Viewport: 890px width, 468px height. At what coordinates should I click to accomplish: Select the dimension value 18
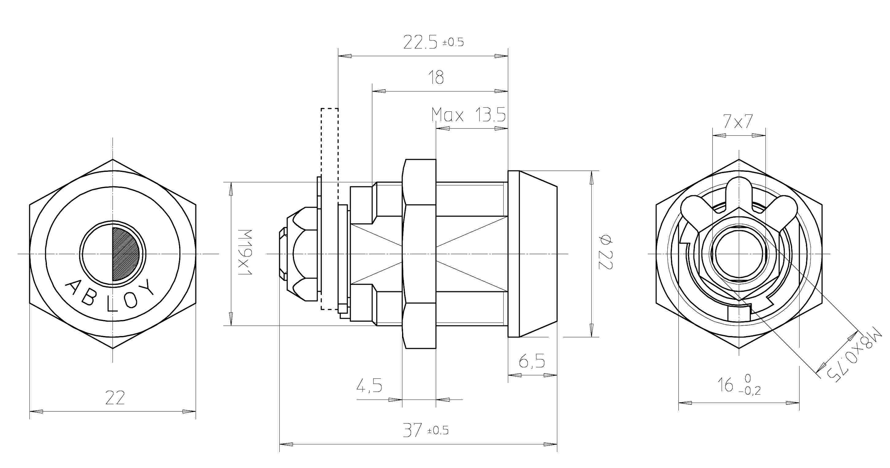click(x=436, y=77)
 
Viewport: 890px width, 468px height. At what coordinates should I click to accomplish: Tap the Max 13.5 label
click(x=469, y=115)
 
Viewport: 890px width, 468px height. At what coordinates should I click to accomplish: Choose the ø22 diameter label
click(x=606, y=252)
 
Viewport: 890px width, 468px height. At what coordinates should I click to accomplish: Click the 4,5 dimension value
click(x=369, y=385)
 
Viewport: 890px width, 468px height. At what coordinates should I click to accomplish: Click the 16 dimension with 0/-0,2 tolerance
click(x=739, y=385)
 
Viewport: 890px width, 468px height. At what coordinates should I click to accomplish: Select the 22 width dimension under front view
click(x=115, y=398)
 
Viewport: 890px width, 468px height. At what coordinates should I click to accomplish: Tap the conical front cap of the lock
click(x=537, y=254)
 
